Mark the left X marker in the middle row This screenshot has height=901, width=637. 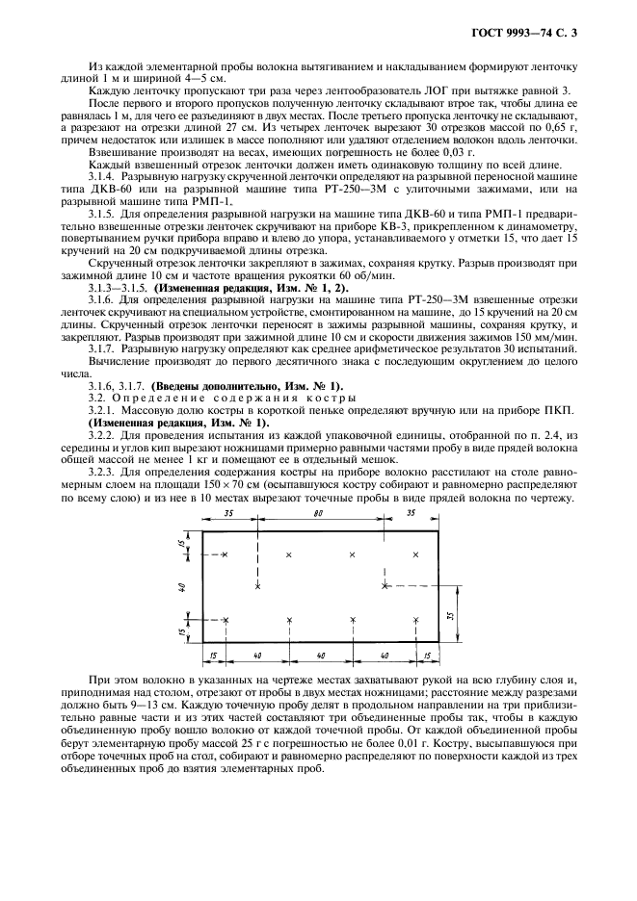[x=257, y=584]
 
